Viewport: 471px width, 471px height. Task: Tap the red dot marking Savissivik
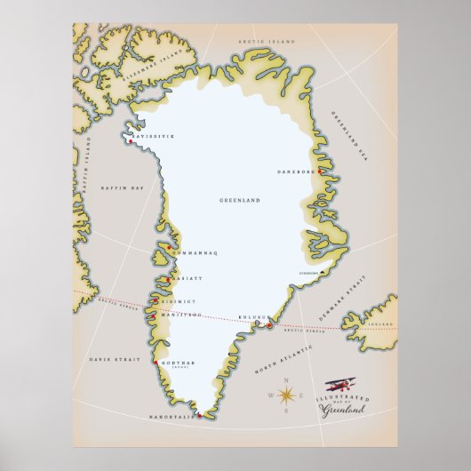[131, 142]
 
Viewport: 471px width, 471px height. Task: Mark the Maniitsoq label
[180, 315]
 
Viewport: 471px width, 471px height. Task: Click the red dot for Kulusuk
[268, 327]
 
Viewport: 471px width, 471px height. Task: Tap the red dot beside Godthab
[156, 363]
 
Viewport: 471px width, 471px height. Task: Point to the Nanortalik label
[175, 414]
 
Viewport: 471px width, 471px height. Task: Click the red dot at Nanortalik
[201, 415]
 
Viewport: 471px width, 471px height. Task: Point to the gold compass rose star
[287, 395]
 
